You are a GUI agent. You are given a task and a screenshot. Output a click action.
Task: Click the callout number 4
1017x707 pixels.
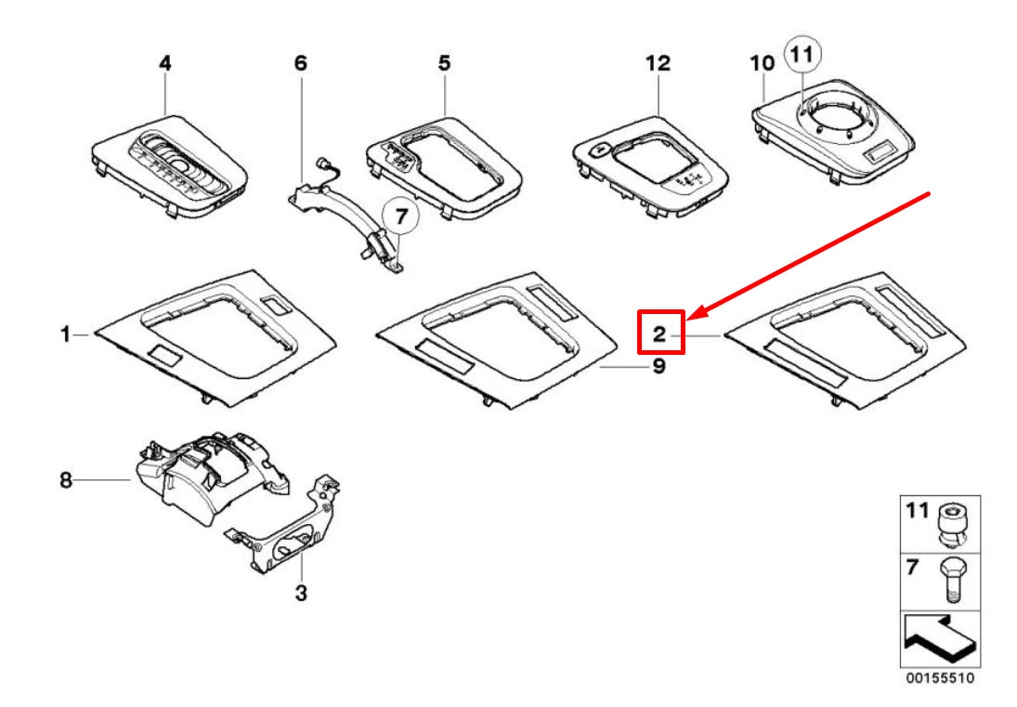(x=164, y=64)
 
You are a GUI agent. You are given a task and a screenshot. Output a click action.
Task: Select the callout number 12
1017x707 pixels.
(x=657, y=64)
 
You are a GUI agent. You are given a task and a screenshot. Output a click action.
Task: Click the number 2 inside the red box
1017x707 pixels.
(x=659, y=333)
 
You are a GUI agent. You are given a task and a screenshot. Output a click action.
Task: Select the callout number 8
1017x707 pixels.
(x=65, y=479)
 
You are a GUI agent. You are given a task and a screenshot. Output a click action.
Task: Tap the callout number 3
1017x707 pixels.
(x=300, y=592)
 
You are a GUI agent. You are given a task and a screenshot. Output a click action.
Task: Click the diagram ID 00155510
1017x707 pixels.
(x=941, y=679)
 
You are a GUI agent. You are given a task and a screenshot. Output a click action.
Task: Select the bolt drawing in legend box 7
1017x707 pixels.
(x=957, y=581)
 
